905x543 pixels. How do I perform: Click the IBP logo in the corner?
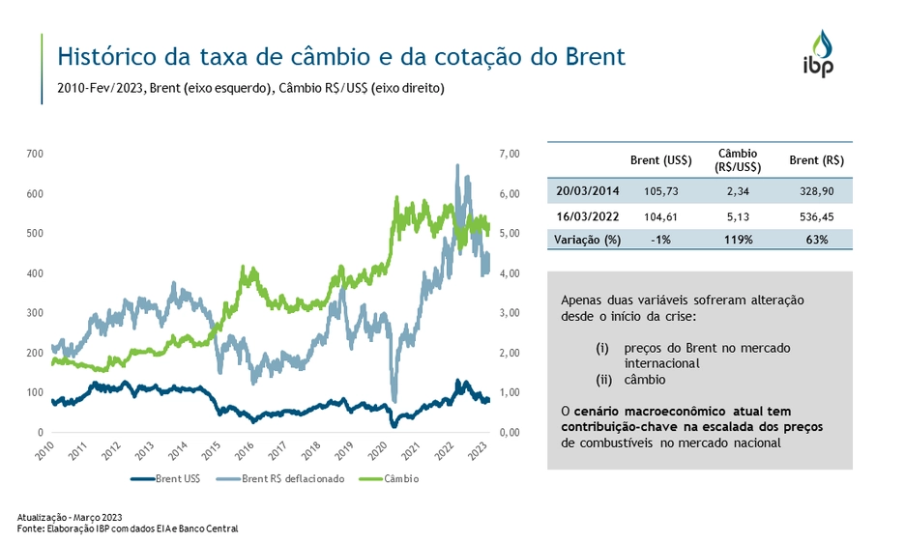click(821, 54)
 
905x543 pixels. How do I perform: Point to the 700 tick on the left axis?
click(35, 154)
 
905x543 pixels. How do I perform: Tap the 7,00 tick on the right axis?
click(510, 154)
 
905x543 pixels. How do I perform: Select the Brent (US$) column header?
click(660, 160)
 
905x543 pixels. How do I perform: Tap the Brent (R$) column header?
click(816, 160)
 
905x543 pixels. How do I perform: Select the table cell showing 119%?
click(738, 239)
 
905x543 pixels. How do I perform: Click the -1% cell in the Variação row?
click(660, 239)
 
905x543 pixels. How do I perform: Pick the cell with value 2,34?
click(738, 190)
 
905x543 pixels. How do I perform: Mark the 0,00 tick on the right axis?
click(510, 432)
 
